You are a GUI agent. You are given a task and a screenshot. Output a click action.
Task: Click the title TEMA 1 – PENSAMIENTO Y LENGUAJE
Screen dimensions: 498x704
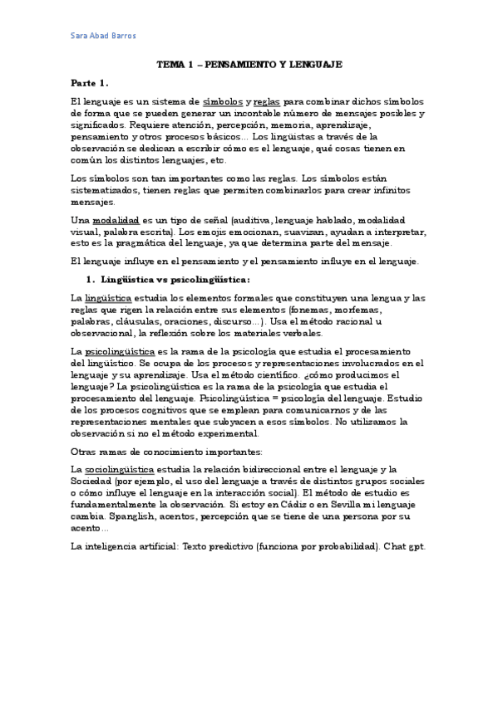tap(249, 64)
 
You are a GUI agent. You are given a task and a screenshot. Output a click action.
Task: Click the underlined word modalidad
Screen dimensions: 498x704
tap(115, 219)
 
